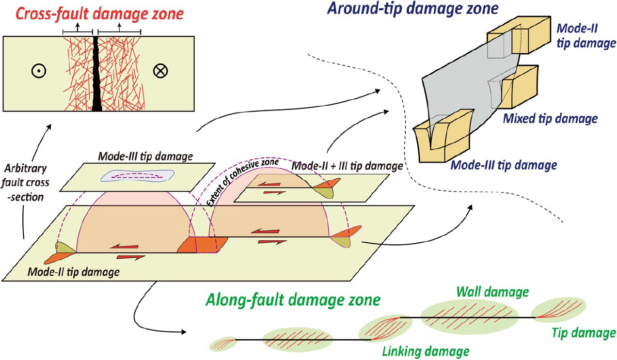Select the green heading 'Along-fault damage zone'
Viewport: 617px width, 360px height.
293,300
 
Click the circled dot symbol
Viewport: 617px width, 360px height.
36,71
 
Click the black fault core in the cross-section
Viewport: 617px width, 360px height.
97,73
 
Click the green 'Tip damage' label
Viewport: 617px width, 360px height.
584,333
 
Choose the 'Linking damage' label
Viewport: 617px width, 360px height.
426,350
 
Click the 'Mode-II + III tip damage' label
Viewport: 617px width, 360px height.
346,166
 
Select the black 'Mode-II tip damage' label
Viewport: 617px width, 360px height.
74,272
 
